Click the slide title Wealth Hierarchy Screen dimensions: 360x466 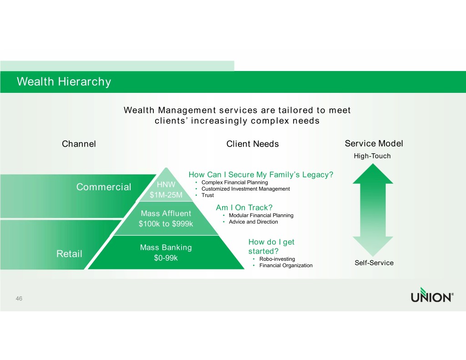pos(64,82)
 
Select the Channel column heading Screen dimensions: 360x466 pos(79,144)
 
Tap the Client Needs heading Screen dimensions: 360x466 pos(253,144)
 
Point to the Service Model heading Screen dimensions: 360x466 pos(374,144)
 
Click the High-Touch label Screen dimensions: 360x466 pos(372,156)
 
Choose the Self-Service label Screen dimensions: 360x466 pos(374,263)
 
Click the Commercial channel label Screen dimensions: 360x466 pos(104,188)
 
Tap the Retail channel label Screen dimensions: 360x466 pos(69,254)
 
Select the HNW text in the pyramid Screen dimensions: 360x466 pos(166,185)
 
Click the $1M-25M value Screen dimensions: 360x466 pos(166,196)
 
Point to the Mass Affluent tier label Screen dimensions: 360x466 pos(166,213)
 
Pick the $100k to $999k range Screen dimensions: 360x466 pos(166,223)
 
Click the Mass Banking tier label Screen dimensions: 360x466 pos(166,248)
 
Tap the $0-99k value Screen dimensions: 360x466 pos(166,259)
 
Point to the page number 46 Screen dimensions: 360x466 pos(19,298)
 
